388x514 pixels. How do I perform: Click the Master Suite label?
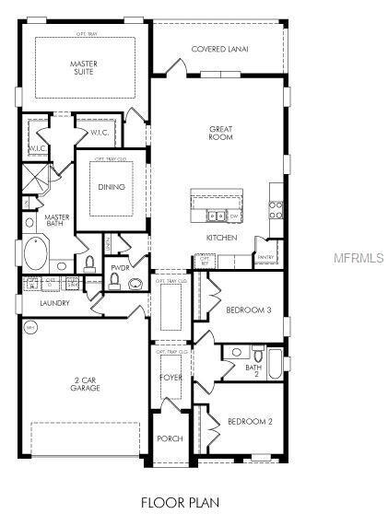[84, 69]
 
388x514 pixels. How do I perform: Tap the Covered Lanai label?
[219, 49]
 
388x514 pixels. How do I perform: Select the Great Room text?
[219, 133]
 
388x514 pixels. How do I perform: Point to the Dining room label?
[112, 187]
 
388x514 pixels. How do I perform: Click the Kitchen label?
[221, 238]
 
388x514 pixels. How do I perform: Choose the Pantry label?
[267, 257]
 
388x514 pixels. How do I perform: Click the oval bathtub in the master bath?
[38, 253]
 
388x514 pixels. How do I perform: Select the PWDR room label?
[119, 268]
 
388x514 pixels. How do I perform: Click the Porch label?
[170, 438]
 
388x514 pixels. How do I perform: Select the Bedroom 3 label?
[248, 310]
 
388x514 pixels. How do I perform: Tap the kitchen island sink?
[215, 216]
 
